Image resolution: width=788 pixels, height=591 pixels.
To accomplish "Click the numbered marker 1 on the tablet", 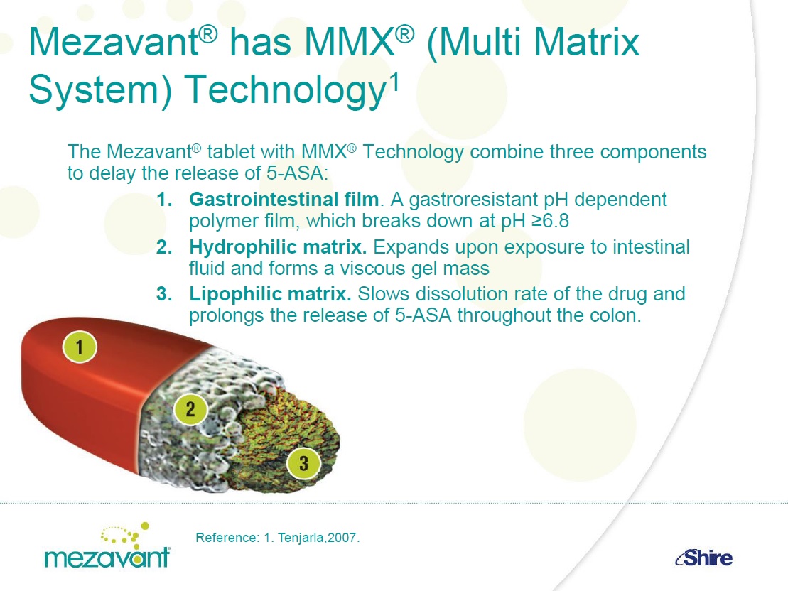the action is point(80,347).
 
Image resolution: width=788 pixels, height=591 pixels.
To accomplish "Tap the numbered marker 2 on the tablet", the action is point(190,409).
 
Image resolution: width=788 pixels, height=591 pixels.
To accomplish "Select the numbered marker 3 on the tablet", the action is point(303,463).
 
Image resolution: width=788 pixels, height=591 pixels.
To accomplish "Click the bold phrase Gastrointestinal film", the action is point(284,200).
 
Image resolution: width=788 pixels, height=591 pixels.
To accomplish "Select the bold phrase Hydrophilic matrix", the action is point(278,247).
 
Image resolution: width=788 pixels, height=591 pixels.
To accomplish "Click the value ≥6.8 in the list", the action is point(550,221).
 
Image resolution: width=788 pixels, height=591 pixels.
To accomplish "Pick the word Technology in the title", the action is point(285,90).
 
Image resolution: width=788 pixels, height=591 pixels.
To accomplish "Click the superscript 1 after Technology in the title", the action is point(395,82).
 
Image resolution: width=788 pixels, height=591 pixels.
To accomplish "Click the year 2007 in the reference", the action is point(342,538).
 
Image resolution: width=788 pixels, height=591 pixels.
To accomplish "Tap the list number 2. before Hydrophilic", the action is point(164,247).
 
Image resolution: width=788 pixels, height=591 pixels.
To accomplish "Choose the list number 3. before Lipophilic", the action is point(164,294).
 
